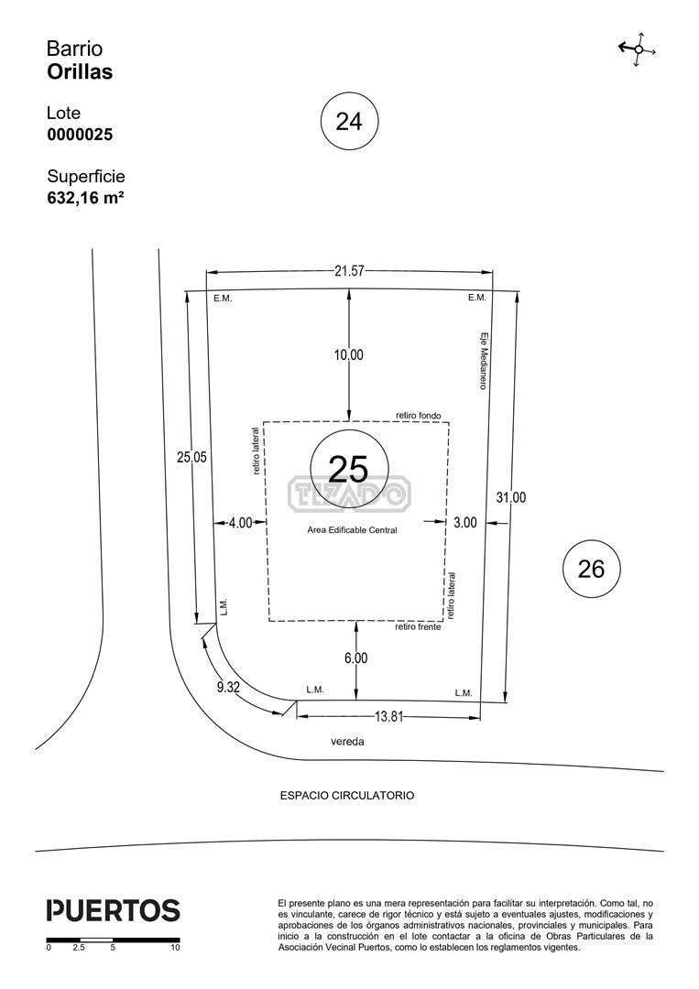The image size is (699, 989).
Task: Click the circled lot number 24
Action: pos(350,121)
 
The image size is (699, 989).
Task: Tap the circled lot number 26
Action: pos(591,569)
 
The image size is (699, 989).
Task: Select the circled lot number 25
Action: pos(349,468)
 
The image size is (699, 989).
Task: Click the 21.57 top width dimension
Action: pos(350,271)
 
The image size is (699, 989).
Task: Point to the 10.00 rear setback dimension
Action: pos(349,355)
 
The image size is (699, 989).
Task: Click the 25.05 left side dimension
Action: pos(191,457)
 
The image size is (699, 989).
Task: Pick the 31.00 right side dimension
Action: pos(510,497)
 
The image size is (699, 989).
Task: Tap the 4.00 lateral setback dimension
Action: pos(240,523)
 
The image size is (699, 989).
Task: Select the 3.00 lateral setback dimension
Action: pos(465,522)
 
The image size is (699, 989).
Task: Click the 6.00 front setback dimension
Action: pos(355,658)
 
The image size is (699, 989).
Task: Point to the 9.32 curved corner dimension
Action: pos(228,688)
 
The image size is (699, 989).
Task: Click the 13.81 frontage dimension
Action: pos(388,716)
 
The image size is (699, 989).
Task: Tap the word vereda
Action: pos(347,742)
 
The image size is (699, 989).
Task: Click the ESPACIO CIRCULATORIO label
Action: pos(347,796)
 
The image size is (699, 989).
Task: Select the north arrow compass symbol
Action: pos(638,49)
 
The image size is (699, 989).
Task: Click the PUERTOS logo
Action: pos(114,910)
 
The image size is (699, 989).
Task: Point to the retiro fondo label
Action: pos(419,416)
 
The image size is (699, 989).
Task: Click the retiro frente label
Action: pos(419,627)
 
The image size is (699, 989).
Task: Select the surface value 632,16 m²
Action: pos(85,198)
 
